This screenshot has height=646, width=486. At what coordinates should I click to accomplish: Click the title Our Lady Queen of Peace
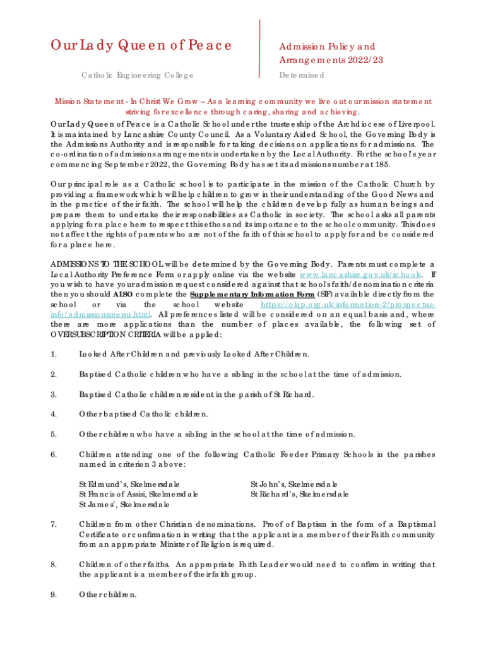click(x=141, y=45)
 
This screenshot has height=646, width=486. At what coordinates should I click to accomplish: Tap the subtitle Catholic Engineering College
click(x=138, y=76)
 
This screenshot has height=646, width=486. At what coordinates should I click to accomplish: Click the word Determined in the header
click(x=302, y=76)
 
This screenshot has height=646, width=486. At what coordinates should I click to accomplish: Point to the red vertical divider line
click(x=260, y=48)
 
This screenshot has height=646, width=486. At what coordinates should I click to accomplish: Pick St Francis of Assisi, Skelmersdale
click(x=138, y=494)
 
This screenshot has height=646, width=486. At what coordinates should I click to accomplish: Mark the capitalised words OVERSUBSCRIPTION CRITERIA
click(x=104, y=334)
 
